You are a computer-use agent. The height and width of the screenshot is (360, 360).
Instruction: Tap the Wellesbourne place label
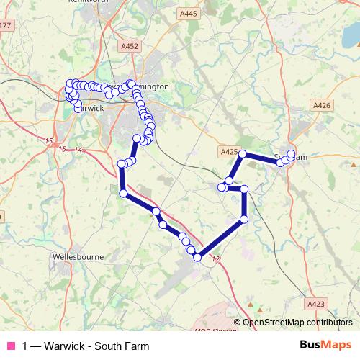pos(78,256)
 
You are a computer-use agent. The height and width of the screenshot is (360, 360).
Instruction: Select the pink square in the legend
pos(10,346)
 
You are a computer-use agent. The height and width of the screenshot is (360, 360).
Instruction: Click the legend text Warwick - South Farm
pos(86,346)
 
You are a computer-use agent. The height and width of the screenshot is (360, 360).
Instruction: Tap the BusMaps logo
pos(326,346)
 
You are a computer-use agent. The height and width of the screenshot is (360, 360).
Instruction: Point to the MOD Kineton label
pos(215,331)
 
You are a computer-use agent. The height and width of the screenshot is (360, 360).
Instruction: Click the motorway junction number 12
pos(216,258)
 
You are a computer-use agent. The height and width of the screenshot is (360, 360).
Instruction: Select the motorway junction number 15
pos(48,140)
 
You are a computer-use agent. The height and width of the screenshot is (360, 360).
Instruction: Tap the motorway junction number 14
pos(78,149)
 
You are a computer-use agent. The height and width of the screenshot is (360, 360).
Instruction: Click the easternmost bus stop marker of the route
pos(292,154)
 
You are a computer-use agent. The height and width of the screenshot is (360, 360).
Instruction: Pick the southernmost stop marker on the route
pos(197,257)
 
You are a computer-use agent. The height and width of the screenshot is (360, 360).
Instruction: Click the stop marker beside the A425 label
pos(243,154)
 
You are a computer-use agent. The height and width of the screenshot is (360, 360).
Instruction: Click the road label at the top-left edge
pos(6,26)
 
